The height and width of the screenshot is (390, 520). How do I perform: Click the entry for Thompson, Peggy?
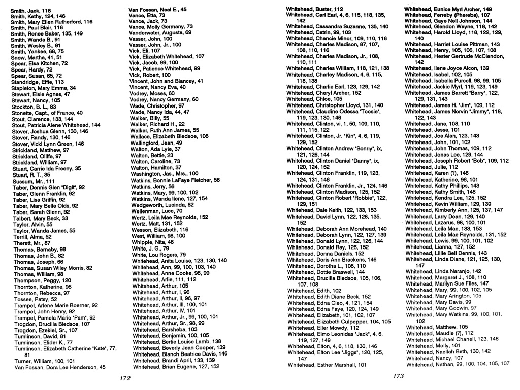click(42, 280)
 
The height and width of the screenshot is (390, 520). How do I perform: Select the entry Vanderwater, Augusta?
click(160, 32)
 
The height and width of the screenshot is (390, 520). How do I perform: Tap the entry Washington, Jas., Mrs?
click(164, 173)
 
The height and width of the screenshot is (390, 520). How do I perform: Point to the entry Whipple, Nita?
click(153, 242)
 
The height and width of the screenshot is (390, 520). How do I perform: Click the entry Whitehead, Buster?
click(315, 9)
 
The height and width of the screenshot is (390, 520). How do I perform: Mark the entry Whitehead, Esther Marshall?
click(327, 364)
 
